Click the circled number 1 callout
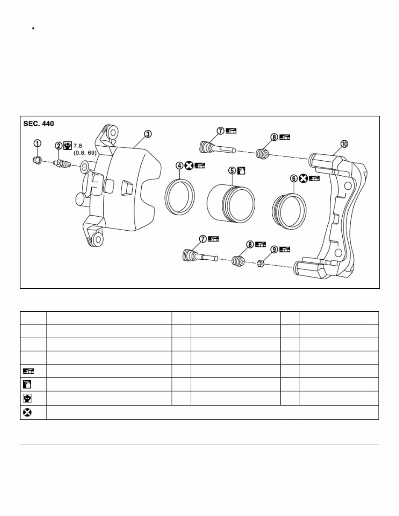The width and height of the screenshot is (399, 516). pos(38,143)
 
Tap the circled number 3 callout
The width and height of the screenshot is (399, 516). pos(147,134)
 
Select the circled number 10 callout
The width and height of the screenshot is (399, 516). pos(344,144)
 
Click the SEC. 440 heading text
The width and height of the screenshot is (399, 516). pos(39,124)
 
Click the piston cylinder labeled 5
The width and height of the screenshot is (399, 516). pos(231,202)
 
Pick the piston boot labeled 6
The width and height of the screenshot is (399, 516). pos(289,210)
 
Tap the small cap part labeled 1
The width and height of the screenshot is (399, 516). pos(37,160)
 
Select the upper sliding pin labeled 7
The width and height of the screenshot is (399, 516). pos(216,148)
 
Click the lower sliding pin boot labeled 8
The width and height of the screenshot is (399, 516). pos(238,261)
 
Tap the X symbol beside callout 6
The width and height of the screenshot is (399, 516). pos(303,179)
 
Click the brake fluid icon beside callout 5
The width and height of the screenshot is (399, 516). pos(242,171)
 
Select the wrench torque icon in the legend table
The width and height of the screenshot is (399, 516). pos(26,398)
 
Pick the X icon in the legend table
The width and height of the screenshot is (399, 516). pos(26,412)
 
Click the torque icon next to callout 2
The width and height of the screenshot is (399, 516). pos(67,145)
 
